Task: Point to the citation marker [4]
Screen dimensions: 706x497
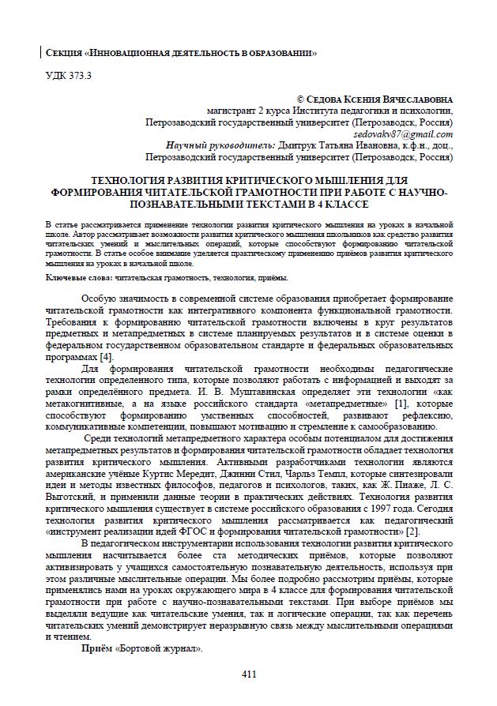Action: (x=104, y=357)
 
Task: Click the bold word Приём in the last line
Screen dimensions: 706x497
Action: (x=98, y=648)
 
